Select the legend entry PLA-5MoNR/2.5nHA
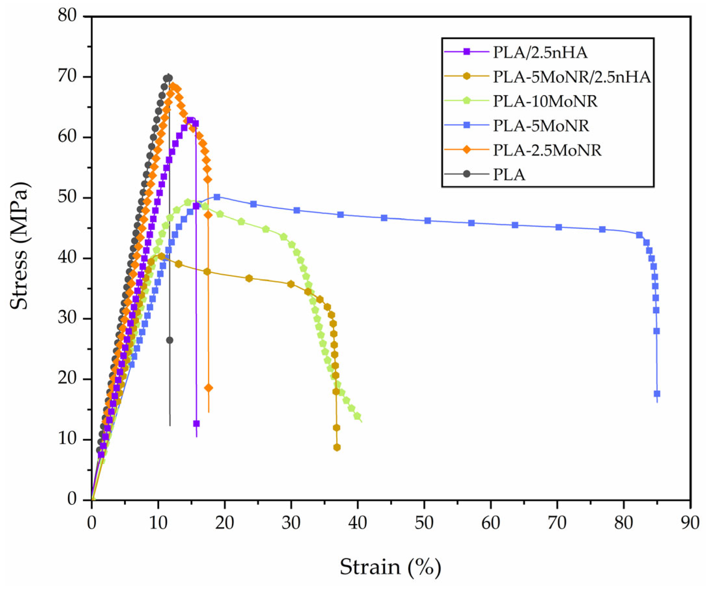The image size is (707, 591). pos(571,77)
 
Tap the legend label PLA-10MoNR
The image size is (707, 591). pos(545,101)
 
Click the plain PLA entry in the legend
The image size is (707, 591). pos(509,174)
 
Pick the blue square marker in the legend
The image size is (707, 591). pos(467,125)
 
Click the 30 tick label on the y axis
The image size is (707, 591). pos(68,318)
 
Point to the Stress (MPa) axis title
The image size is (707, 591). pos(19,246)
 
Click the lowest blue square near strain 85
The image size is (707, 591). pos(657,394)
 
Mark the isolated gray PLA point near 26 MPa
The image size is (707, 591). pos(170,340)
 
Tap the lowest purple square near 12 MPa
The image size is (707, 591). pos(196,423)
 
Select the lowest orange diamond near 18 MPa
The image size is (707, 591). pos(209,388)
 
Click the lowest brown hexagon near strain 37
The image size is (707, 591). pos(337,447)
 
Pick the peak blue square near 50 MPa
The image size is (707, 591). pos(217,197)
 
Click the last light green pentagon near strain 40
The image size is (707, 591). pos(357,416)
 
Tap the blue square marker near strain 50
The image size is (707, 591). pos(428,221)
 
